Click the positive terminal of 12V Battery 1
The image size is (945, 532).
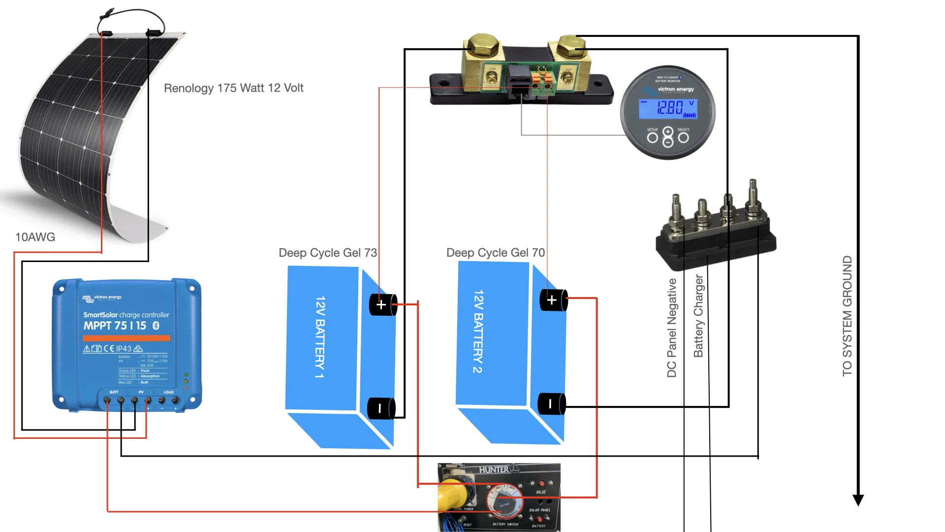coord(382,305)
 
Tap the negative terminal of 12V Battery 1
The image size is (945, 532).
coord(380,408)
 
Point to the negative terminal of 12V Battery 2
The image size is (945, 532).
coord(551,404)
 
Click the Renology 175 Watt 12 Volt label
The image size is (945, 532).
coord(233,88)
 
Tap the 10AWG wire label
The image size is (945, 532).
coord(35,237)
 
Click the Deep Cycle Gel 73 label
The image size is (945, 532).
coord(327,253)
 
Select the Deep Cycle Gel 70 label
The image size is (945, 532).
coord(495,253)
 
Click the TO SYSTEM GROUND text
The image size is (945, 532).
coord(847,316)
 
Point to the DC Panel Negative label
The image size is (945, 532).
coord(672,328)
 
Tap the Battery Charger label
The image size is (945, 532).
coord(698,316)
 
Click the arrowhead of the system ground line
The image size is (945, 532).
coord(858,500)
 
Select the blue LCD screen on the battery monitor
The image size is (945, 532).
coord(668,108)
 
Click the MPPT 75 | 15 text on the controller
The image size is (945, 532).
coord(115,326)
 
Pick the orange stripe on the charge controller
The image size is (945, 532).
coord(126,338)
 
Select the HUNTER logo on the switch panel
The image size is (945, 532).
coord(494,469)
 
